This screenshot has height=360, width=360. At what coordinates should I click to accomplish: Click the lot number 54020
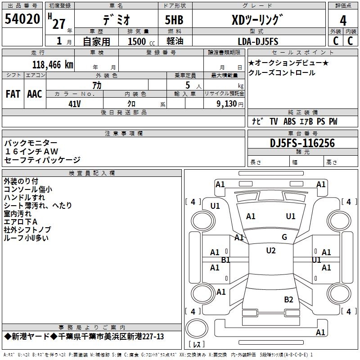[x=22, y=19]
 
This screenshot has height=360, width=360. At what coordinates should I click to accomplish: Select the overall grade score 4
[x=343, y=21]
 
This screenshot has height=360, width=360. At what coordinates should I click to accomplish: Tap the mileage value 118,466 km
[x=53, y=65]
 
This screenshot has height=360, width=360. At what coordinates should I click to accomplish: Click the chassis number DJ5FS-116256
[x=302, y=143]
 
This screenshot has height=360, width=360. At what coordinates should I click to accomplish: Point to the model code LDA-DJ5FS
[x=258, y=41]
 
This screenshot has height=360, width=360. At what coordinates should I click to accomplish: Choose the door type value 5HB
[x=174, y=20]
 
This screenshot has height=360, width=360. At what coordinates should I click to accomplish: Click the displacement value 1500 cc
[x=141, y=41]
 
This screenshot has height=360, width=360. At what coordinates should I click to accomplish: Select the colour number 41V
[x=75, y=104]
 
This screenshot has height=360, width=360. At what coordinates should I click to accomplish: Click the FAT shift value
[x=13, y=94]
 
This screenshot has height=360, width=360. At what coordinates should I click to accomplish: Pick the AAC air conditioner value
[x=35, y=94]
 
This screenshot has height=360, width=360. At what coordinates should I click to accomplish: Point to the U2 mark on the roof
[x=271, y=251]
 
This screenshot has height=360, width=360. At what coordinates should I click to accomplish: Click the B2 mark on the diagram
[x=288, y=300]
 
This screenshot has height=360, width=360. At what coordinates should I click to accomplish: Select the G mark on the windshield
[x=284, y=237]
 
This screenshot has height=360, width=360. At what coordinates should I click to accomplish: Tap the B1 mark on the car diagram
[x=225, y=260]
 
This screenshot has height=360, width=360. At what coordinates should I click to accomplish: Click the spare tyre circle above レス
[x=197, y=328]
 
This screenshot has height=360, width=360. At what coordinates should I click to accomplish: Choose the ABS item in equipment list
[x=289, y=121]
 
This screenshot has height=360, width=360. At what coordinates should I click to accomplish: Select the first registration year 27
[x=59, y=24]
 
